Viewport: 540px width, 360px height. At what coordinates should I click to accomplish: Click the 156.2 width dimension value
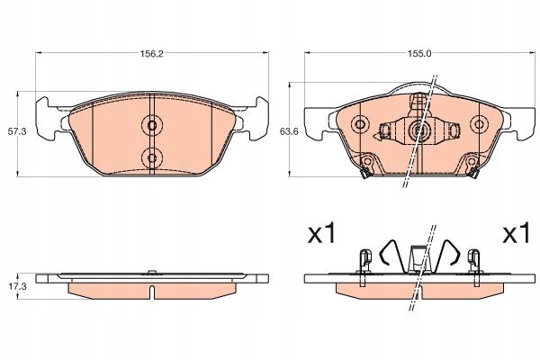coord(151,53)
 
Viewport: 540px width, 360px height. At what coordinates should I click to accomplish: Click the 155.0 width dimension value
coord(420,53)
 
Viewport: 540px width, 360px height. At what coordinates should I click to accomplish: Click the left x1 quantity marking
coord(321,234)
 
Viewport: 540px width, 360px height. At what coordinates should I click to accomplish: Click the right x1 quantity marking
coord(516,234)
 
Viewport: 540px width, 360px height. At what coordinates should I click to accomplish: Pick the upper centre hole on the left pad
coord(151,125)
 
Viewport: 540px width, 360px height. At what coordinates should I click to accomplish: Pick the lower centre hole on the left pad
coord(151,157)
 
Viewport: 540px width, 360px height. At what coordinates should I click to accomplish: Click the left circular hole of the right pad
coord(361,124)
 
